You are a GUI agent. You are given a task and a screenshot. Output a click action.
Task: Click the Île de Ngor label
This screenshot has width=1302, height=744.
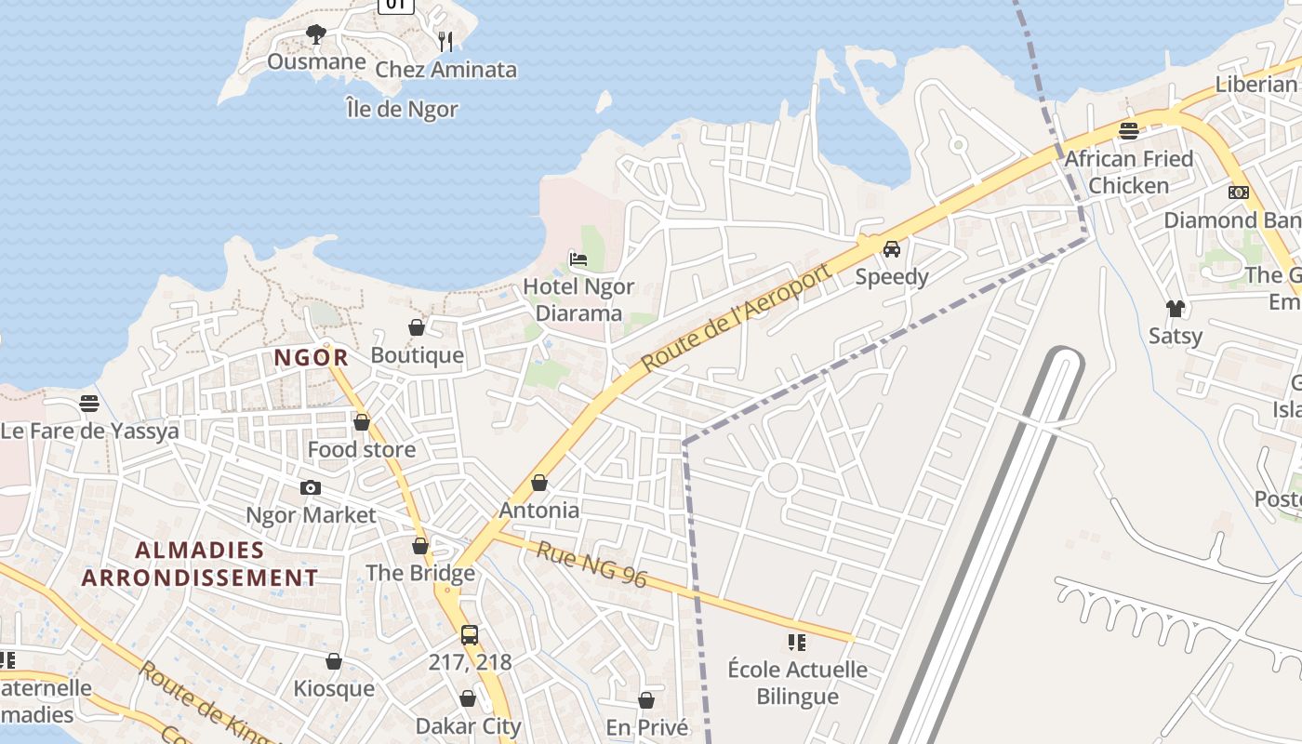pyautogui.click(x=402, y=109)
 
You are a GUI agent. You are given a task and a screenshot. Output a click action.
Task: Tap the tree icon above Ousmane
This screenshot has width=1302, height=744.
pyautogui.click(x=316, y=34)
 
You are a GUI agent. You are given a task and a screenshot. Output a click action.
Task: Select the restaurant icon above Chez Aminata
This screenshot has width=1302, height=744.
pyautogui.click(x=445, y=41)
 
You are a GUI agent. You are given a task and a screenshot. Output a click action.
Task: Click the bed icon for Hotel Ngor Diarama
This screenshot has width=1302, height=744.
pyautogui.click(x=578, y=259)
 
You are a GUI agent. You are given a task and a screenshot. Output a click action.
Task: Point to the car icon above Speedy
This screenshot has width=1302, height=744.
pyautogui.click(x=892, y=248)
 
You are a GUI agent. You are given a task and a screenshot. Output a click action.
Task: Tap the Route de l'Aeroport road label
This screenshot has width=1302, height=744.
pyautogui.click(x=735, y=318)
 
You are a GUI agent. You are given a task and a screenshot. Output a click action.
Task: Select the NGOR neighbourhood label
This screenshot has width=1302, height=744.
pyautogui.click(x=312, y=357)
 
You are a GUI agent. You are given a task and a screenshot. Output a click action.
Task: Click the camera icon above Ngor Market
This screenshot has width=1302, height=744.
pyautogui.click(x=311, y=487)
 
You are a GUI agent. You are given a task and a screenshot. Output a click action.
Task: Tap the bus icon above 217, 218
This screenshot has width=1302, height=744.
pyautogui.click(x=470, y=635)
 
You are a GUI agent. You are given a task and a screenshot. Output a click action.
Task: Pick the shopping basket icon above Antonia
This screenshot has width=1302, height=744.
pyautogui.click(x=539, y=483)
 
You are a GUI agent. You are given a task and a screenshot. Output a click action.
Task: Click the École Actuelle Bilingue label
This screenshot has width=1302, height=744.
pyautogui.click(x=797, y=682)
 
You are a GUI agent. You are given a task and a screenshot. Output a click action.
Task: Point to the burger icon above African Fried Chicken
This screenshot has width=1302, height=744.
pyautogui.click(x=1129, y=131)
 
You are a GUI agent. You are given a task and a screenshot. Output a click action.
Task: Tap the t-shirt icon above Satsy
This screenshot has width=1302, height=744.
pyautogui.click(x=1176, y=308)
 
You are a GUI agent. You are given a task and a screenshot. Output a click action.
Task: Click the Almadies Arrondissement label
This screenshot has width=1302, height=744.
pyautogui.click(x=200, y=564)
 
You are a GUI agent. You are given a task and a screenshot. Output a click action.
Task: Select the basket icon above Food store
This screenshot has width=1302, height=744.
pyautogui.click(x=362, y=422)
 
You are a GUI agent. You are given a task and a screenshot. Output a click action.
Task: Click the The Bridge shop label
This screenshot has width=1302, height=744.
pyautogui.click(x=420, y=572)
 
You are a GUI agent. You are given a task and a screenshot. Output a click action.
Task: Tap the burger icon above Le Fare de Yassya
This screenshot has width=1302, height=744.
pyautogui.click(x=89, y=403)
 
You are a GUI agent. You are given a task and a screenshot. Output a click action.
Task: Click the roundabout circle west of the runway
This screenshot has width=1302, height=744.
pyautogui.click(x=783, y=478)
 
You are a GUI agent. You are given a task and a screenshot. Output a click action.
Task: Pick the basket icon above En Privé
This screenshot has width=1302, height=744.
pyautogui.click(x=646, y=699)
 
